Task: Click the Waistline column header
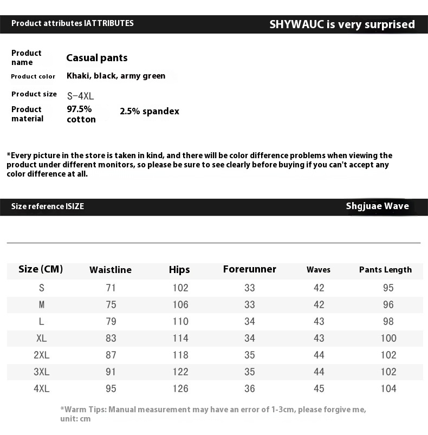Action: click(x=111, y=270)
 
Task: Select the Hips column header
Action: click(x=179, y=269)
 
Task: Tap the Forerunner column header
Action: click(x=249, y=269)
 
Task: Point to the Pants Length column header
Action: click(x=385, y=270)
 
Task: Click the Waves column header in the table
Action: click(x=318, y=270)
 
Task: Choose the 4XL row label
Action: click(x=41, y=388)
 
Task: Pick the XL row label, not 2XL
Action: click(x=41, y=338)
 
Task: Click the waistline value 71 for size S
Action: click(x=111, y=288)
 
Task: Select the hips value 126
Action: click(x=180, y=388)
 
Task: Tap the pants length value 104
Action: click(x=388, y=388)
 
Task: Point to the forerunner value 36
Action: click(x=249, y=388)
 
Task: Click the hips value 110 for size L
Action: click(x=180, y=321)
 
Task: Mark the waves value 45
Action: click(x=319, y=388)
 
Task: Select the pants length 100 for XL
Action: click(x=388, y=338)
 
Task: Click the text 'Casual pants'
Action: click(x=97, y=58)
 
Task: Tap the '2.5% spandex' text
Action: click(x=149, y=112)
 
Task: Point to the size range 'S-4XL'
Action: click(x=81, y=96)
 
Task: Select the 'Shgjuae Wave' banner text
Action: click(x=377, y=206)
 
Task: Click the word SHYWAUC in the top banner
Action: click(x=296, y=24)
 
